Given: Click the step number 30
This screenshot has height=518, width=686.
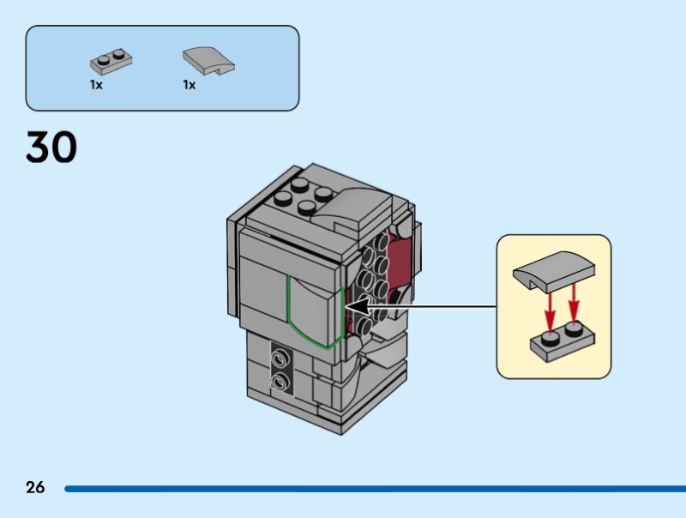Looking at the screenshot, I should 51,147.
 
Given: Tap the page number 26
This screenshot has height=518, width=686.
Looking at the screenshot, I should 35,488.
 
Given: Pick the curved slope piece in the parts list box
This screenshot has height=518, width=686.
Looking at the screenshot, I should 208,60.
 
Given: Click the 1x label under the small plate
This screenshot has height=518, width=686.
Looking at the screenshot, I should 96,86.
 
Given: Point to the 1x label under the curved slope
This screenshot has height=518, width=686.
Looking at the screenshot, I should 189,86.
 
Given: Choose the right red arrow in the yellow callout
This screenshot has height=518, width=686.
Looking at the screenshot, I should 574,304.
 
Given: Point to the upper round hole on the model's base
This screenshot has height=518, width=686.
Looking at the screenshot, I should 279,356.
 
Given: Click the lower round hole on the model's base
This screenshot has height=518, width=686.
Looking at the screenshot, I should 279,380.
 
